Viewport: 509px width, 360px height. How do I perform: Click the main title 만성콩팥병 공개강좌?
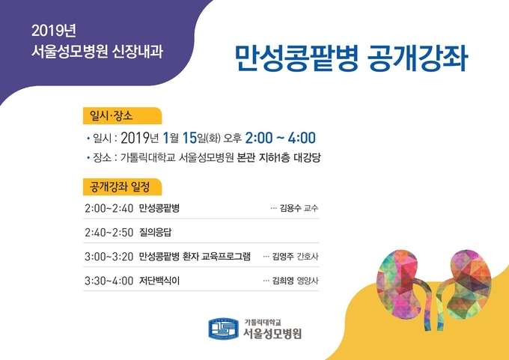coord(351,58)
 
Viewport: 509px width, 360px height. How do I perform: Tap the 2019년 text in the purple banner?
coord(54,31)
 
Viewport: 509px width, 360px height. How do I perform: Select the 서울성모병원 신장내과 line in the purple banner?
coord(97,52)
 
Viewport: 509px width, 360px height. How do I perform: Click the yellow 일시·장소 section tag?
coord(122,115)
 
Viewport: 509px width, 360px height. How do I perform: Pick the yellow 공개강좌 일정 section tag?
coord(122,186)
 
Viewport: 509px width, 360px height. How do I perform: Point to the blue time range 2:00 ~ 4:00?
coord(280,138)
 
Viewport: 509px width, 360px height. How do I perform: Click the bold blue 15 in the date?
coord(189,138)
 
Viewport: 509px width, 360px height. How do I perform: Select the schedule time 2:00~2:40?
coord(109,208)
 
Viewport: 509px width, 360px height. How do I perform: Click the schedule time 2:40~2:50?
coord(109,233)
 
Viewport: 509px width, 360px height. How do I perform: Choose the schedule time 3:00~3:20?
coord(109,257)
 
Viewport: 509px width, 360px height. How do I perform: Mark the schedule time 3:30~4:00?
coord(109,281)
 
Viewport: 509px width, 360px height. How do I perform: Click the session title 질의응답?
coord(155,233)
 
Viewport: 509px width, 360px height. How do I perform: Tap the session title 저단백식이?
coord(159,281)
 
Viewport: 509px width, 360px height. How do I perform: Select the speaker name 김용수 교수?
coord(299,208)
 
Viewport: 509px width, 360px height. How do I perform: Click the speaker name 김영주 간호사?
coord(295,257)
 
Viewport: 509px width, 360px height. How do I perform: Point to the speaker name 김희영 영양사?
coord(295,281)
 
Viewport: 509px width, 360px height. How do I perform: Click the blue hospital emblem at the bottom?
coord(223,329)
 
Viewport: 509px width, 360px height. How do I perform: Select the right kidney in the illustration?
coord(467,286)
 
